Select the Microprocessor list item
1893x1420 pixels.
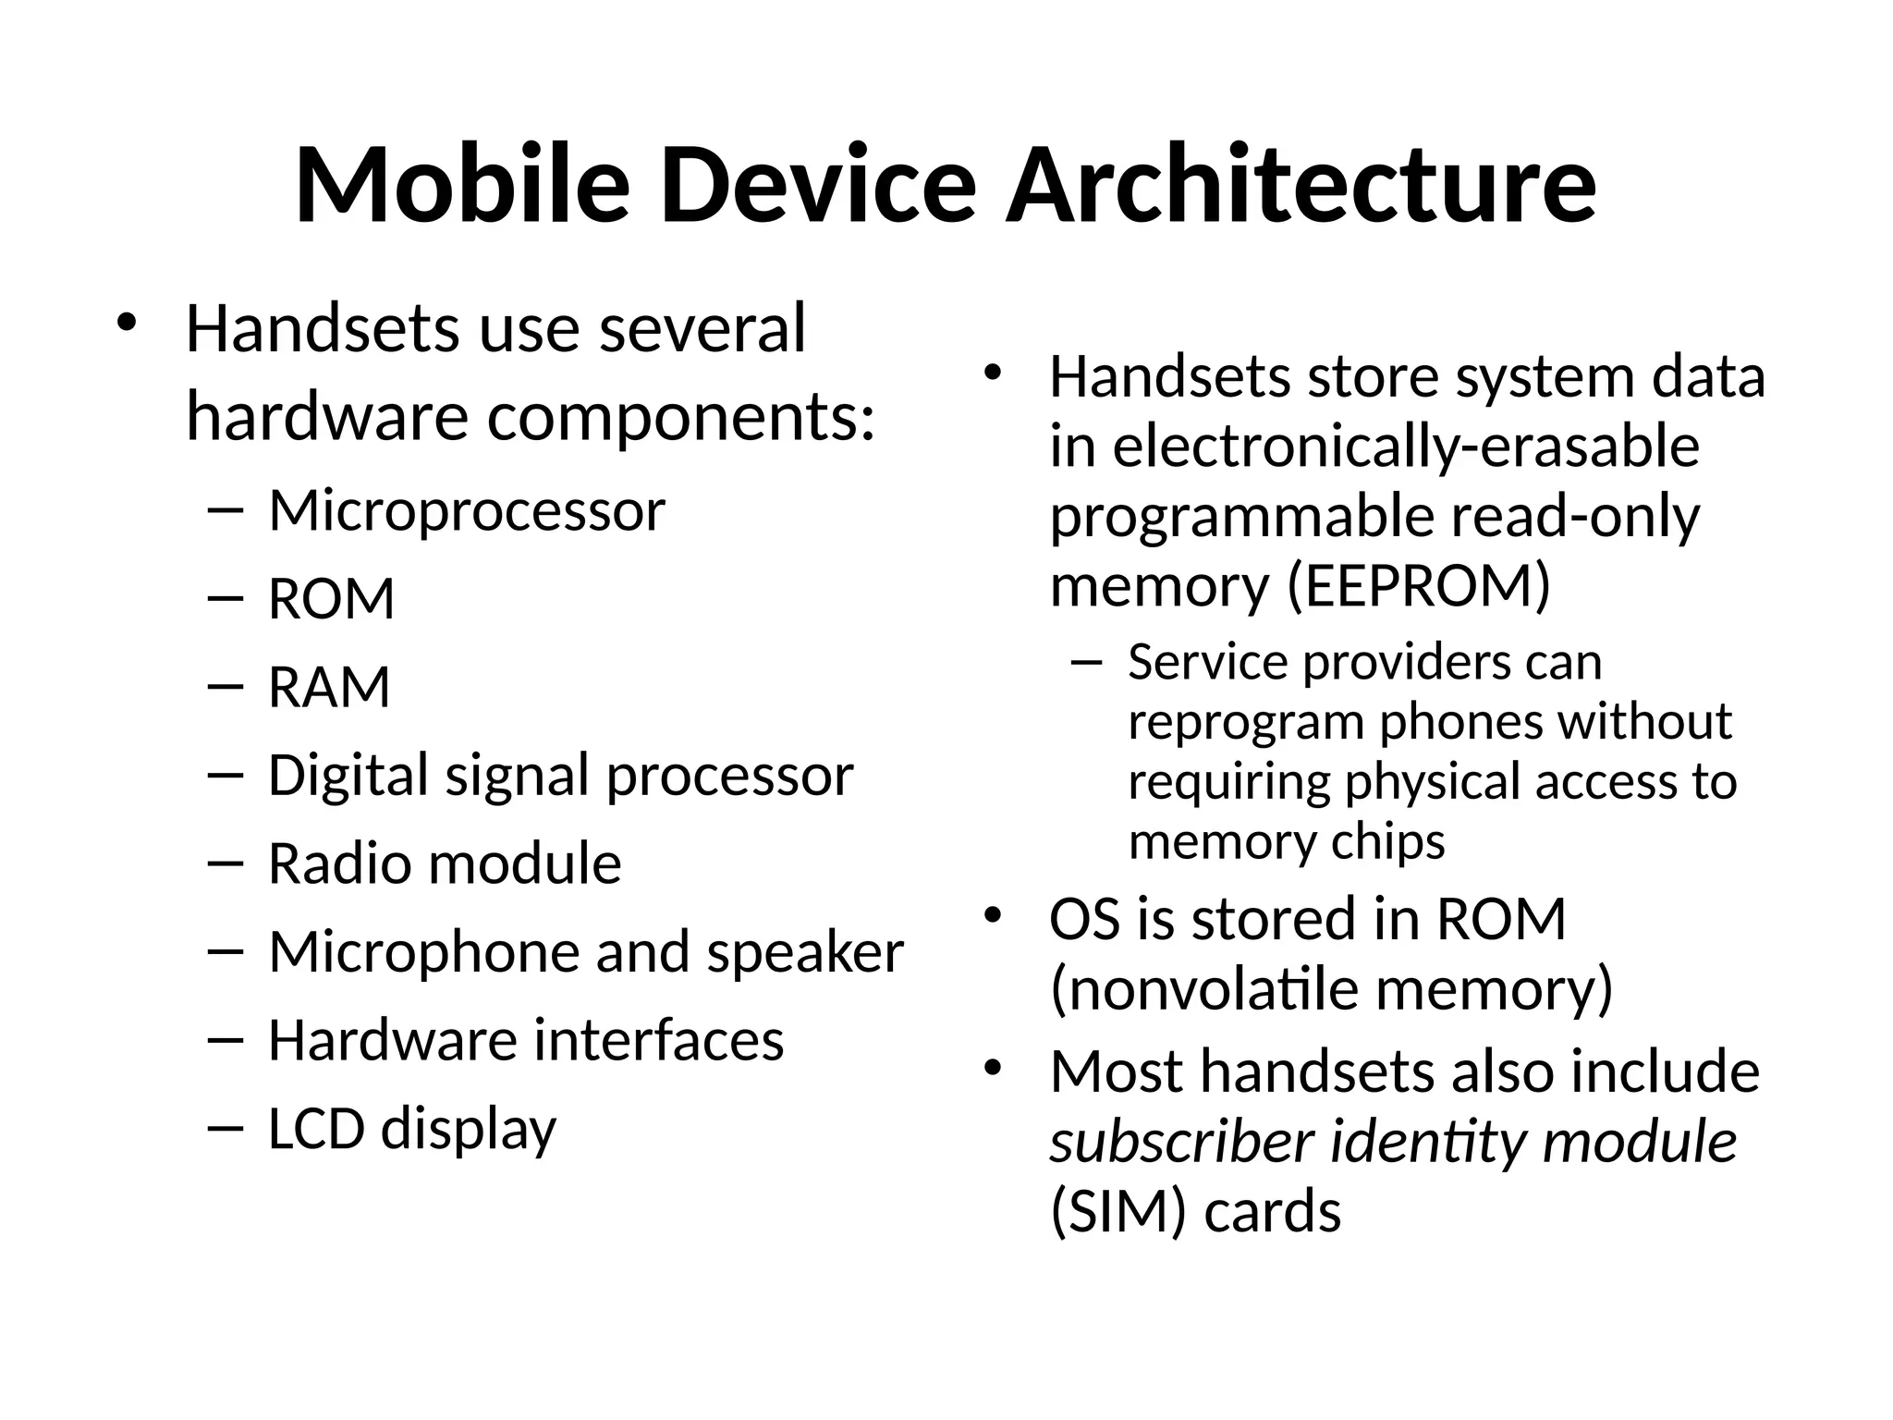[467, 510]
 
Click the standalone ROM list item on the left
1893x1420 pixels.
[332, 599]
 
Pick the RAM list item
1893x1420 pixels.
[329, 688]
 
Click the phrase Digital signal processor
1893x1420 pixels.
[560, 776]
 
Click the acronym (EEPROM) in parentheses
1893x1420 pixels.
[1419, 586]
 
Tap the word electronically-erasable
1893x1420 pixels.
[1406, 447]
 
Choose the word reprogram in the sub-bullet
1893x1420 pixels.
[1246, 722]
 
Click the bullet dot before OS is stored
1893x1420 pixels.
[993, 916]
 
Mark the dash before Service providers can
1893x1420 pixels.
[1087, 662]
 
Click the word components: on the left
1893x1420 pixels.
[681, 418]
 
